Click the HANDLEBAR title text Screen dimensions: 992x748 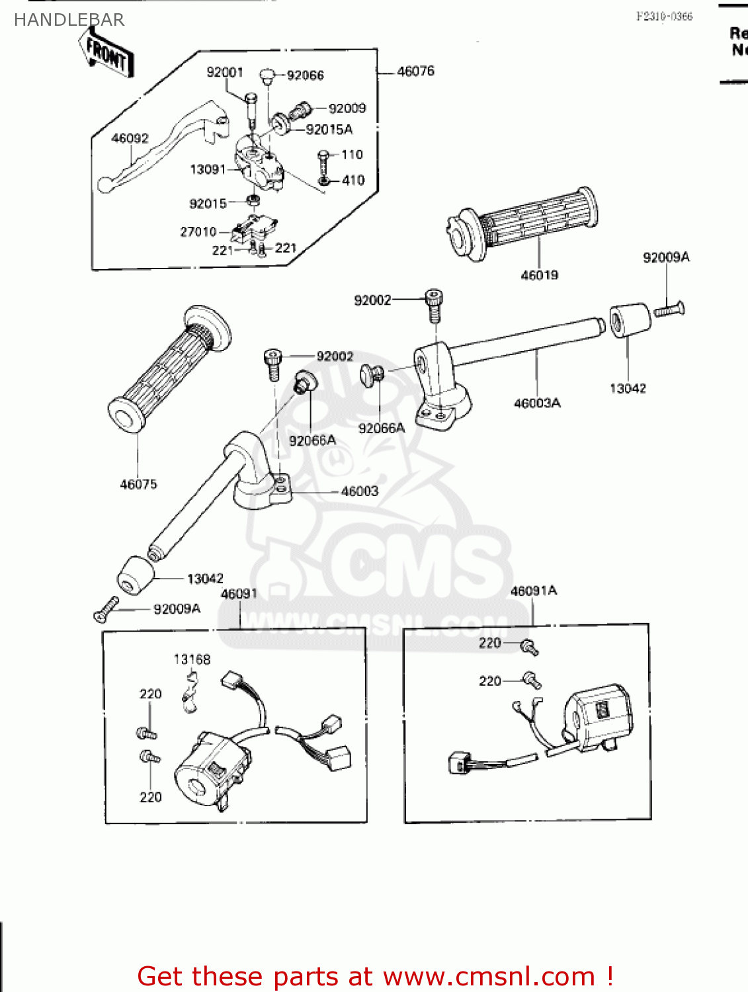[x=69, y=20]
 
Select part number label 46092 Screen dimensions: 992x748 [x=130, y=138]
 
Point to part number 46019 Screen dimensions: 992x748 [x=539, y=275]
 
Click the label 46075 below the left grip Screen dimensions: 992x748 [x=138, y=484]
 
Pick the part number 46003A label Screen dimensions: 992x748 [x=537, y=403]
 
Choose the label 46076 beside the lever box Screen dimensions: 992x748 [x=415, y=71]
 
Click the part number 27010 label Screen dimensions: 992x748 [x=198, y=231]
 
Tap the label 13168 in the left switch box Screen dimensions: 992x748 [x=192, y=659]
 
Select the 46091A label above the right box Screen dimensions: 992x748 [x=534, y=591]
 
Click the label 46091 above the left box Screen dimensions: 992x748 [x=239, y=594]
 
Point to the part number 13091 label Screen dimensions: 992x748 [x=208, y=169]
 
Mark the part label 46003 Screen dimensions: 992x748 [x=360, y=491]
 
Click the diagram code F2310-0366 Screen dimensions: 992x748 [x=664, y=17]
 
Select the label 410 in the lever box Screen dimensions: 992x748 [x=353, y=180]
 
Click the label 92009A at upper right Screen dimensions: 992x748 [x=666, y=257]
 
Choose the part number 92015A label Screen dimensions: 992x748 [x=329, y=130]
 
